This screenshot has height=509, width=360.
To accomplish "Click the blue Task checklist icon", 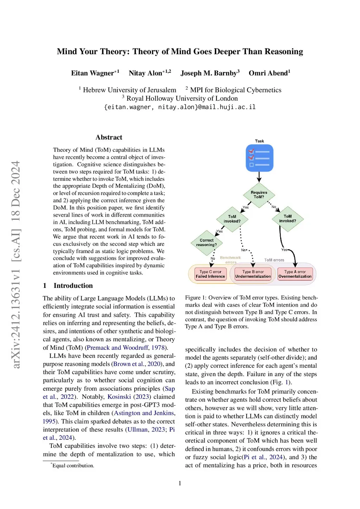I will tap(259, 158).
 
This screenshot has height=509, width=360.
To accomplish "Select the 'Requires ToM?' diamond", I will tap(259, 195).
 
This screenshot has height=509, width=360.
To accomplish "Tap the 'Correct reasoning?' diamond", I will tap(207, 243).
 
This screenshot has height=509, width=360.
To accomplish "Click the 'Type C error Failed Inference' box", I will tap(210, 274).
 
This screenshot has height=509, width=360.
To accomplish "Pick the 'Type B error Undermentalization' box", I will tap(253, 274).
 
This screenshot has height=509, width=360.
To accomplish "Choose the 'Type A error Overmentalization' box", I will tap(295, 274).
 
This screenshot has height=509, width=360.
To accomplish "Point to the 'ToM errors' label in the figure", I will tap(274, 260).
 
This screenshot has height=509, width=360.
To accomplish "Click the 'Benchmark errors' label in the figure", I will tap(231, 260).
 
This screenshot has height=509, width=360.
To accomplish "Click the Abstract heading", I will tap(109, 137).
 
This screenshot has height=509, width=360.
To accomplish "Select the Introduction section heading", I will tap(73, 285).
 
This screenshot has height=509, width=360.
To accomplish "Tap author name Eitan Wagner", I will tap(92, 73).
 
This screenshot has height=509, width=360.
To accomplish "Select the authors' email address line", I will tap(180, 107).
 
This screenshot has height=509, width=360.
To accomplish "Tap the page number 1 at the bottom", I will tap(180, 483).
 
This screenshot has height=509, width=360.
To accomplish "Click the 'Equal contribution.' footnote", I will tap(73, 465).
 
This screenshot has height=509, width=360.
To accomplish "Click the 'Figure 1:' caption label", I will tap(193, 298).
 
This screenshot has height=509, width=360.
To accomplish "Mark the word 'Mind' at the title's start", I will tap(67, 52).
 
